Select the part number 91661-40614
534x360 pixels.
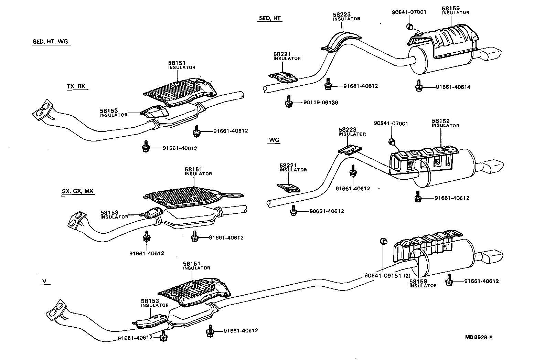click(x=453, y=87)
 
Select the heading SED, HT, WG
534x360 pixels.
click(x=50, y=42)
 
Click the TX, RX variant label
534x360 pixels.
click(x=76, y=86)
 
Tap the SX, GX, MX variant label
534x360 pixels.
click(x=77, y=191)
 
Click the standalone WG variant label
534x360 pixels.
click(x=274, y=140)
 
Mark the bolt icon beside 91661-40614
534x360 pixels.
click(x=419, y=86)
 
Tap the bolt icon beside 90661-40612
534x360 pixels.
click(x=293, y=210)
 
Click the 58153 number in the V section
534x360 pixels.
click(x=150, y=301)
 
